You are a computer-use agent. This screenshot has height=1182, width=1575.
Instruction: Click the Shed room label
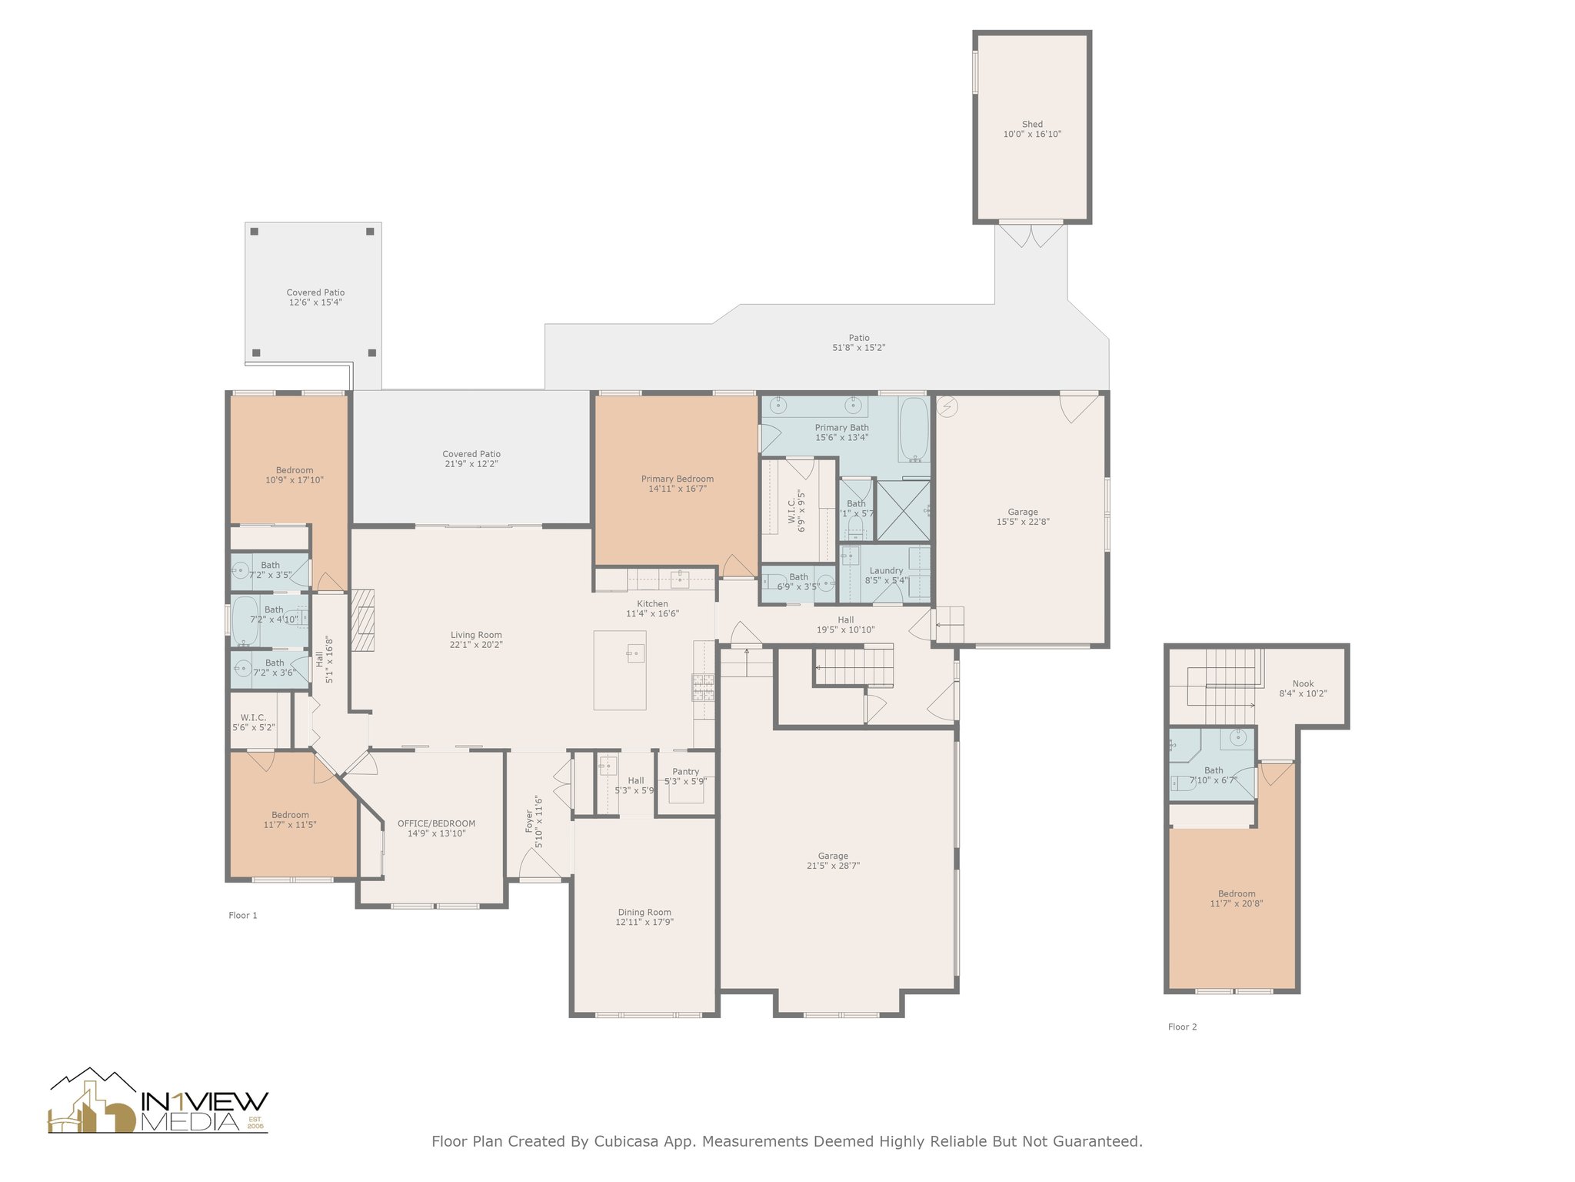[1032, 129]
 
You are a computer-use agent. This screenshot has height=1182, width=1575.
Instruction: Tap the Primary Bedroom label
[677, 484]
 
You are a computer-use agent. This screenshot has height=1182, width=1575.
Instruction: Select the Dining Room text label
[644, 917]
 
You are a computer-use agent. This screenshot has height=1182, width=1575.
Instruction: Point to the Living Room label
[476, 640]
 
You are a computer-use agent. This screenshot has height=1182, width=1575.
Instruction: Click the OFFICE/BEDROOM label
[436, 828]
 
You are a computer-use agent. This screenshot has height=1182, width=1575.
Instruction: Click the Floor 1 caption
[243, 915]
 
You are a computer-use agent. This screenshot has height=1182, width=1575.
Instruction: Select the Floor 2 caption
[1182, 1027]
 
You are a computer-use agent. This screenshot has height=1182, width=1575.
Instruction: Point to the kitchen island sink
[634, 653]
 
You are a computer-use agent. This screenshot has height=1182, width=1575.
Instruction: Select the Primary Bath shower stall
[903, 509]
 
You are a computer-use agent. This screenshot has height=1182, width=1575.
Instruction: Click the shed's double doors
[1032, 235]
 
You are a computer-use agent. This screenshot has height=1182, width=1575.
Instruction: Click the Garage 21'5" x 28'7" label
[833, 860]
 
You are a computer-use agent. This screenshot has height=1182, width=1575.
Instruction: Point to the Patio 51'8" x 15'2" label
[859, 342]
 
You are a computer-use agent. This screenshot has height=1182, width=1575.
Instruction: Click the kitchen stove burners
[704, 687]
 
